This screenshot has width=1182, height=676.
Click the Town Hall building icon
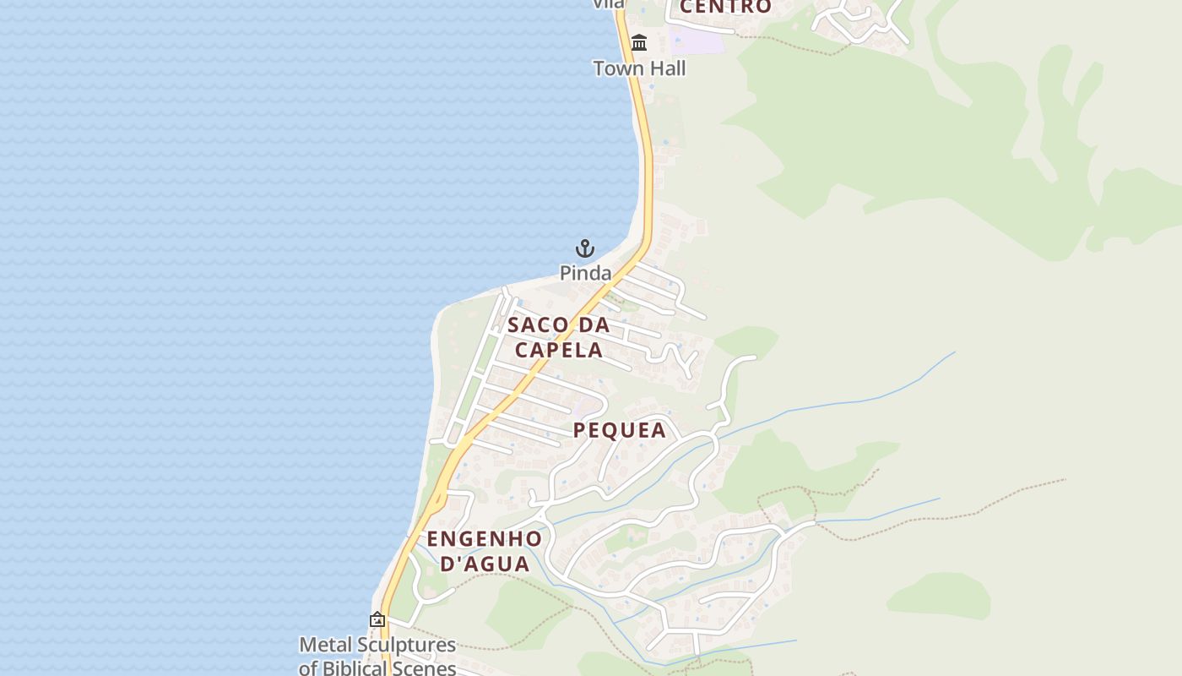[x=639, y=42]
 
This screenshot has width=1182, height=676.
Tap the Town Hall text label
[x=639, y=68]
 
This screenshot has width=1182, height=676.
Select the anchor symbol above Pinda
[x=585, y=248]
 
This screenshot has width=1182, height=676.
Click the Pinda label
[x=585, y=273]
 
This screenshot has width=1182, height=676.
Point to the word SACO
[x=538, y=324]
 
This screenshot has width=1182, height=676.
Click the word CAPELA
[x=559, y=350]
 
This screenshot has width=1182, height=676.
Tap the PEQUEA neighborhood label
[x=620, y=430]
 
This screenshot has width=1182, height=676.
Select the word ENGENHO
[x=485, y=538]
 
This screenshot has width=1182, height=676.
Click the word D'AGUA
[x=485, y=564]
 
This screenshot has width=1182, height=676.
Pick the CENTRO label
[x=725, y=7]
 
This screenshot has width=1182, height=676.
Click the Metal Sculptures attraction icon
[x=377, y=619]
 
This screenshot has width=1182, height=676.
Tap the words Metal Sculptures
[x=377, y=645]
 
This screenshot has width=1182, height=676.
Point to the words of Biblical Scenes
[x=377, y=668]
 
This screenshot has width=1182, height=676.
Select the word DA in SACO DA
[x=594, y=324]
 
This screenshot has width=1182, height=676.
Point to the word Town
[x=617, y=68]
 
